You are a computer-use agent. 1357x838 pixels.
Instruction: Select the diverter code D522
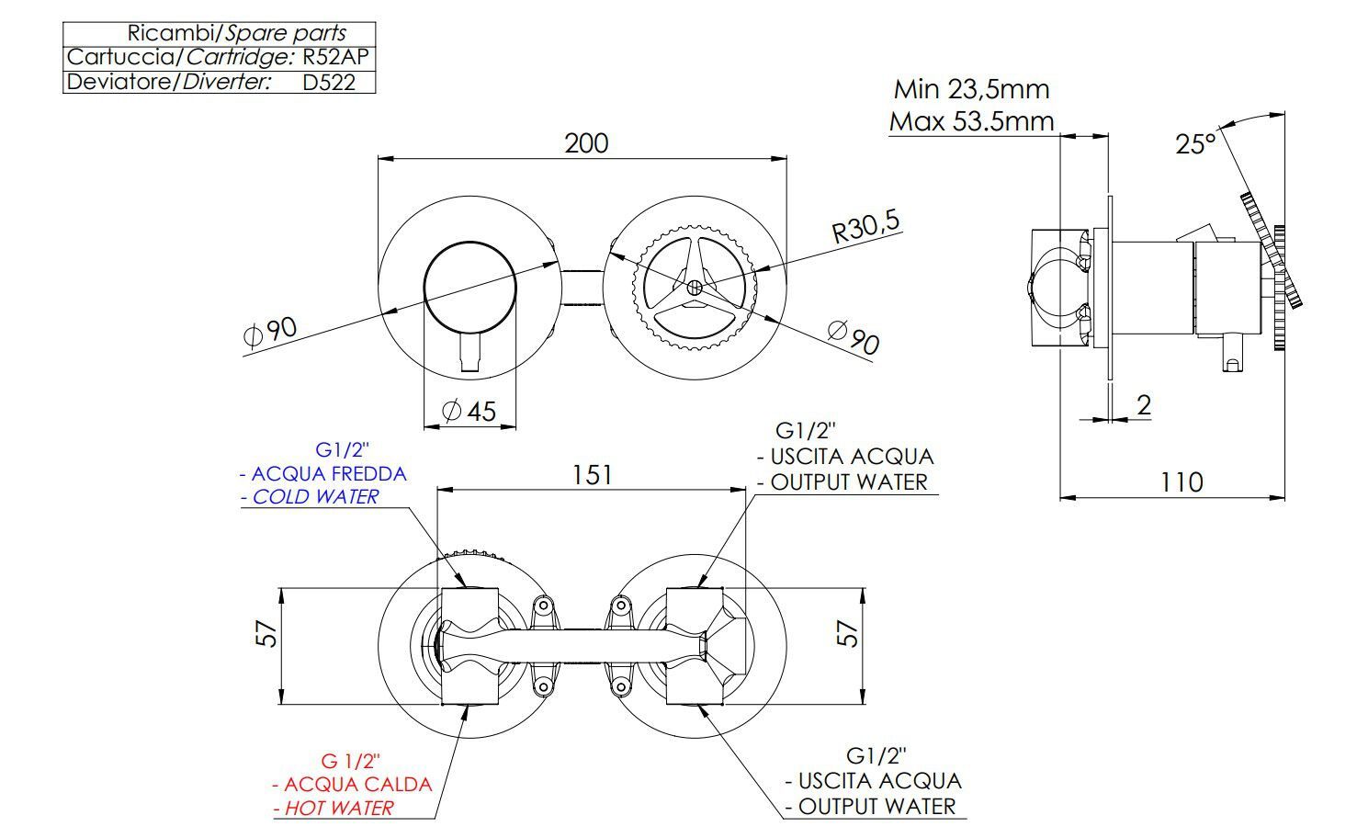point(328,82)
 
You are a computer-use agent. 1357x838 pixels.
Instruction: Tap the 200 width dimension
point(586,143)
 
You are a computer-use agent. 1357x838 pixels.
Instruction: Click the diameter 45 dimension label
point(469,411)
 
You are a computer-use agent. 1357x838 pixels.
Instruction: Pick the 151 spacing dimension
point(592,475)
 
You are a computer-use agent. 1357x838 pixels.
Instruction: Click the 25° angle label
point(1195,143)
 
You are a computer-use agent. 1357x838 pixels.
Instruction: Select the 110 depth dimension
point(1181,481)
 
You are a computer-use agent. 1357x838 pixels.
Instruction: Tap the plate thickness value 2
point(1144,404)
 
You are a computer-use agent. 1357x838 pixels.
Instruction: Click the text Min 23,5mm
point(971,89)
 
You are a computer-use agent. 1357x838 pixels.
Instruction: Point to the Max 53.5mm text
point(971,121)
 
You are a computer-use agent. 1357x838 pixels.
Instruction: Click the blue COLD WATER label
point(315,497)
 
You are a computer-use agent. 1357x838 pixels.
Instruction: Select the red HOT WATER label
point(338,809)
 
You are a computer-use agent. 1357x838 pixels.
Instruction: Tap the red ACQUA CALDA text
point(357,785)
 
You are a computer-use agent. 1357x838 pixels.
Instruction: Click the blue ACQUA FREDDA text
point(328,474)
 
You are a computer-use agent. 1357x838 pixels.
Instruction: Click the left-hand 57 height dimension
point(266,633)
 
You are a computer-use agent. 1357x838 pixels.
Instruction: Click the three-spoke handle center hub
point(695,287)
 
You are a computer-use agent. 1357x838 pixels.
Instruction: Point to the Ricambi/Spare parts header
point(236,33)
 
